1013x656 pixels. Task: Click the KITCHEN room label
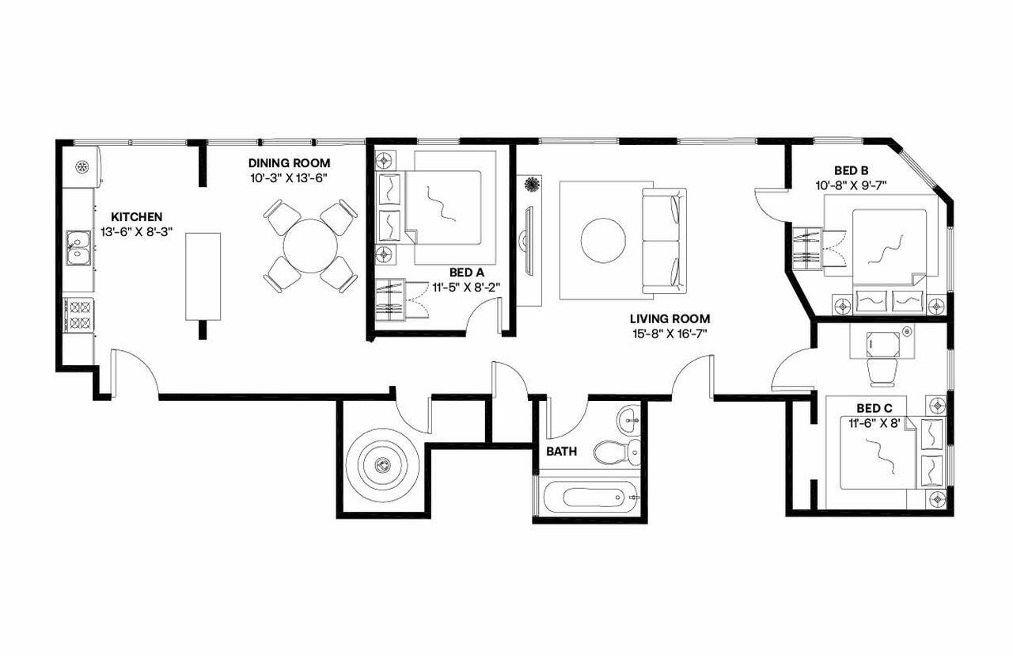pyautogui.click(x=136, y=216)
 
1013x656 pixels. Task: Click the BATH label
pyautogui.click(x=562, y=452)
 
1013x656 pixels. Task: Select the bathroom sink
pyautogui.click(x=628, y=418)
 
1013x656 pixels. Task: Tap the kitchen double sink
pyautogui.click(x=78, y=248)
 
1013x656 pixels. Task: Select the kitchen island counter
pyautogui.click(x=203, y=276)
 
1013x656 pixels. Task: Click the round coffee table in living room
pyautogui.click(x=603, y=240)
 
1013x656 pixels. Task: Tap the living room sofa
pyautogui.click(x=664, y=240)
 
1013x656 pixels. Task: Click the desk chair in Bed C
pyautogui.click(x=878, y=370)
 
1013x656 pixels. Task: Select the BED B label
pyautogui.click(x=852, y=170)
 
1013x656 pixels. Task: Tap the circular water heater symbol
pyautogui.click(x=384, y=469)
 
